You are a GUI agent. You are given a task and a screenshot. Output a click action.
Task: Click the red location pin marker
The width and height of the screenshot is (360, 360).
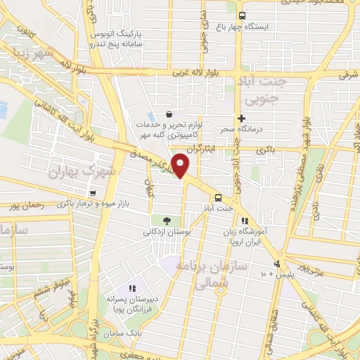pyautogui.click(x=181, y=165)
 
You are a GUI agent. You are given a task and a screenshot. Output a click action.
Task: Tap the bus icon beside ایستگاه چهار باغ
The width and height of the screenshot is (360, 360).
pyautogui.click(x=243, y=15)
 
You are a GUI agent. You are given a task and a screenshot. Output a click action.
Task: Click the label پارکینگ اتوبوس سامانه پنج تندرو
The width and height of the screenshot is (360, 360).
pyautogui.click(x=115, y=39)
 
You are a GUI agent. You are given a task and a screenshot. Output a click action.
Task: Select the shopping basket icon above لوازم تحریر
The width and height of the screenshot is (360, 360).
pyautogui.click(x=168, y=113)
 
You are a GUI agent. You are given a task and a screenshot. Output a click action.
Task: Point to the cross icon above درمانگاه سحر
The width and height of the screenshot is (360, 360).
pyautogui.click(x=242, y=118)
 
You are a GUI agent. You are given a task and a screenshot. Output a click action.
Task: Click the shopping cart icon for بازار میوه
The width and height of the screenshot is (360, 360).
pyautogui.click(x=92, y=193)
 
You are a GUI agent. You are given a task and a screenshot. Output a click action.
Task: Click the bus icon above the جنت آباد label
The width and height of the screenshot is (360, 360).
pyautogui.click(x=218, y=197)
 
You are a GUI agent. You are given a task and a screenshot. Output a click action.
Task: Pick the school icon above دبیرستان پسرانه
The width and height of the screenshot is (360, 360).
pyautogui.click(x=131, y=288)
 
